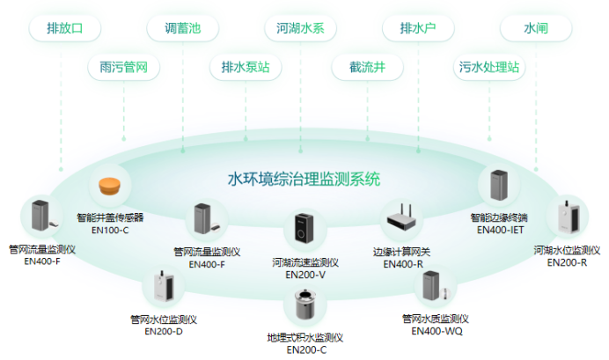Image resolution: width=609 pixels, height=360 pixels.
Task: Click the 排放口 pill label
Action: tap(63, 28)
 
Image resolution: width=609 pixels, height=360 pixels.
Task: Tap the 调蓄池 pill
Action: tap(182, 28)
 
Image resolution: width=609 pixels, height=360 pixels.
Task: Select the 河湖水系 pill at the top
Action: tap(299, 28)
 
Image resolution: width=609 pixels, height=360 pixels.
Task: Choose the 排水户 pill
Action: tap(418, 28)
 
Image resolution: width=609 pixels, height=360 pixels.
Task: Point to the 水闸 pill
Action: tap(536, 28)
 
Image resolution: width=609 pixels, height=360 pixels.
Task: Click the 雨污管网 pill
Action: tap(123, 67)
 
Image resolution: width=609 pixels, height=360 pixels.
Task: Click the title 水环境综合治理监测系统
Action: tap(304, 180)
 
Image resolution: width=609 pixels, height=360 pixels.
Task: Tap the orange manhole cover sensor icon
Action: tap(110, 186)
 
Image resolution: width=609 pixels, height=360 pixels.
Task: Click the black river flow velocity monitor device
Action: tap(304, 231)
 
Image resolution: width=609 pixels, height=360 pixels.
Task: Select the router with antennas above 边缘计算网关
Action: tap(403, 217)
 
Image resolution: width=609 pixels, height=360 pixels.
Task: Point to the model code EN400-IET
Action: tap(499, 230)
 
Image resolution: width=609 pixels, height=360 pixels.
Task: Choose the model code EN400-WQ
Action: tap(437, 331)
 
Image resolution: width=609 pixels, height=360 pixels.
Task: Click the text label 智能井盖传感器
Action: tap(109, 217)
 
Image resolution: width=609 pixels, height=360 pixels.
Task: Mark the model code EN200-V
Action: tap(304, 275)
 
